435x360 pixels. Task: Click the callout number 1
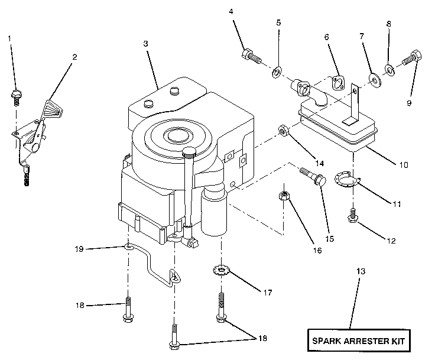pos(9,39)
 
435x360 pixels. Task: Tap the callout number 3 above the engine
pos(145,44)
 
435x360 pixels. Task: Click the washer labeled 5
pos(276,73)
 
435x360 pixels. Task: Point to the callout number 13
pos(361,271)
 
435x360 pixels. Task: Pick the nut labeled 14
pos(283,130)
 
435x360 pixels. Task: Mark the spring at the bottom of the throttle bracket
pos(26,176)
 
